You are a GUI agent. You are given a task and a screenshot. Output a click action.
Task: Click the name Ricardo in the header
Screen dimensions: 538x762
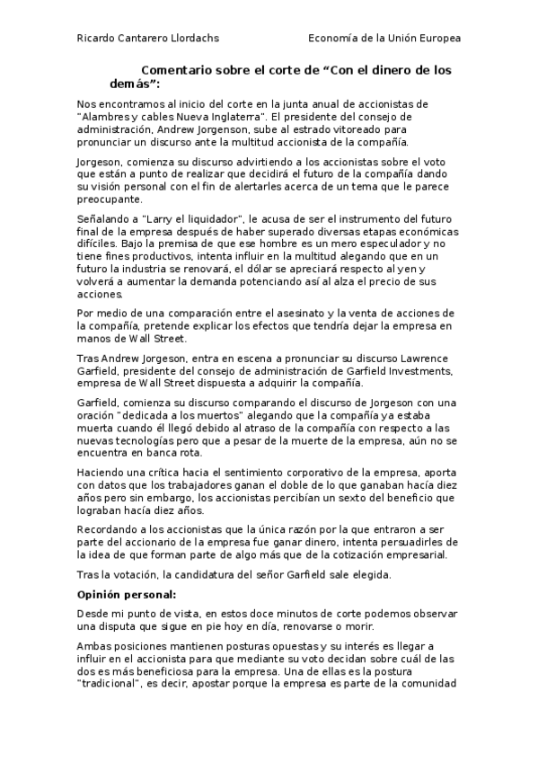pyautogui.click(x=97, y=39)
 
